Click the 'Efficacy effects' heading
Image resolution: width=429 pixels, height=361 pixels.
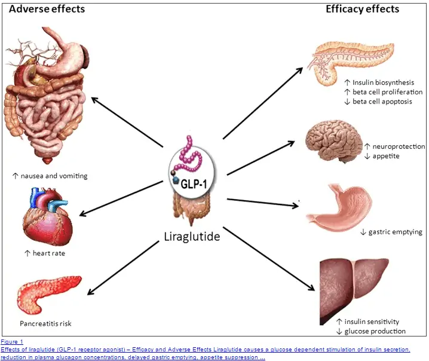[362, 9]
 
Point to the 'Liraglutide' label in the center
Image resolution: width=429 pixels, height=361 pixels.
[191, 236]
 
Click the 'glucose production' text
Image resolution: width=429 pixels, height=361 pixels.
[375, 331]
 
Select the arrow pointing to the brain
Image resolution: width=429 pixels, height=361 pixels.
[261, 157]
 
